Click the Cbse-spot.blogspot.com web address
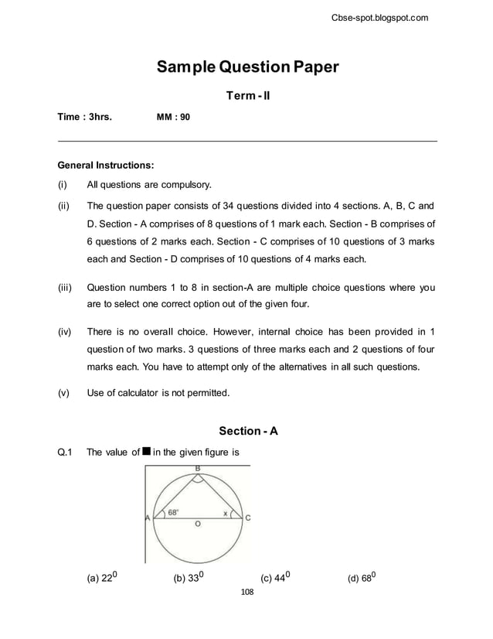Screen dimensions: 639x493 [379, 18]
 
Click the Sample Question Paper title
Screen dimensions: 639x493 [247, 67]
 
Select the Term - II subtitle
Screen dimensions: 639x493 [247, 96]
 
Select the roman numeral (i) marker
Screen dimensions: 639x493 [63, 185]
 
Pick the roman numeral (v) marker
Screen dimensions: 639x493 [63, 393]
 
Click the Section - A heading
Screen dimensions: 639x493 [248, 431]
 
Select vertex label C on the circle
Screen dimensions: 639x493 [247, 518]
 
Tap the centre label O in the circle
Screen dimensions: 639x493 [198, 525]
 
